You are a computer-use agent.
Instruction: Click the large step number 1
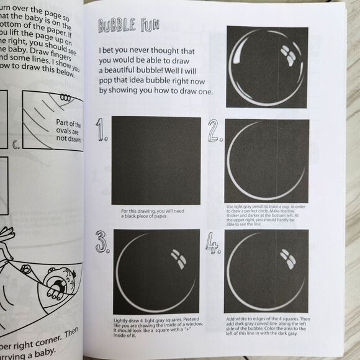point(101,131)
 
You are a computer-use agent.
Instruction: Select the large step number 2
point(215,131)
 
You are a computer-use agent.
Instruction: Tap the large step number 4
point(215,245)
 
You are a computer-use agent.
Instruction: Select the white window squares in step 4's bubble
point(287,257)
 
